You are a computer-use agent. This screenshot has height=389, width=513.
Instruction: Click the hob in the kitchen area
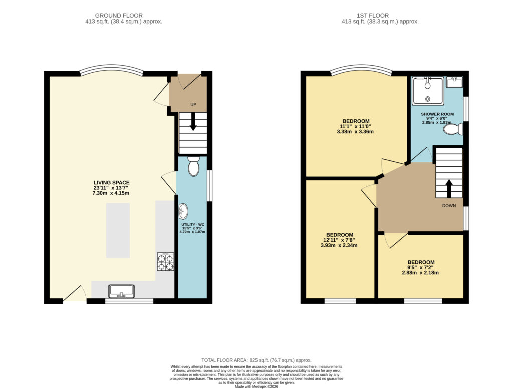tap(165, 262)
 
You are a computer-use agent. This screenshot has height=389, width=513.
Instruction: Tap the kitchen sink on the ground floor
tap(121, 291)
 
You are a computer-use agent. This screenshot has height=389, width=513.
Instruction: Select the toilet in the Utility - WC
tap(194, 166)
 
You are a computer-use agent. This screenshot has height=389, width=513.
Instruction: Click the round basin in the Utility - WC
tap(183, 211)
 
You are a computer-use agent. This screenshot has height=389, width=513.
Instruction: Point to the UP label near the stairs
tap(193, 105)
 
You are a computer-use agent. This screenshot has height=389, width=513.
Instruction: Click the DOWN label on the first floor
tap(449, 206)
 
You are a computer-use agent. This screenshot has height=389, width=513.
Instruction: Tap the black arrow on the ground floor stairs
tap(193, 121)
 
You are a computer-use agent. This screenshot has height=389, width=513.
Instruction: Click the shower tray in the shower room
tap(428, 91)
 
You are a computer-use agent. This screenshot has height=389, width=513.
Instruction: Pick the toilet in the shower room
tap(453, 129)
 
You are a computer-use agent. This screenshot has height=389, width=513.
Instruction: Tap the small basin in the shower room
tap(454, 82)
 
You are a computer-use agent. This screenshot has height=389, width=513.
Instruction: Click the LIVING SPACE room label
tap(112, 183)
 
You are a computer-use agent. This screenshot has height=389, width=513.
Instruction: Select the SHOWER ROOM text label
tap(437, 114)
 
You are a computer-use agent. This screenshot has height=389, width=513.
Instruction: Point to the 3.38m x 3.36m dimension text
tap(355, 132)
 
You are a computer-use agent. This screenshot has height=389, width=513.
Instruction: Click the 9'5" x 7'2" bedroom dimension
tap(420, 267)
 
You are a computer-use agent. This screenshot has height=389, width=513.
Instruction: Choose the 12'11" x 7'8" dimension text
tap(339, 240)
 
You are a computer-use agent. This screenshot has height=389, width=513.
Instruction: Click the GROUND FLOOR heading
tap(119, 16)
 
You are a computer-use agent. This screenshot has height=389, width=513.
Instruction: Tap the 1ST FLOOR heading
tap(373, 16)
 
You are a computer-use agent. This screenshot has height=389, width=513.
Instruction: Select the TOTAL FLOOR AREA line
tap(256, 360)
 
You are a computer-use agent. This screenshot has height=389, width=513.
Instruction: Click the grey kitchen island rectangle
tap(118, 230)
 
